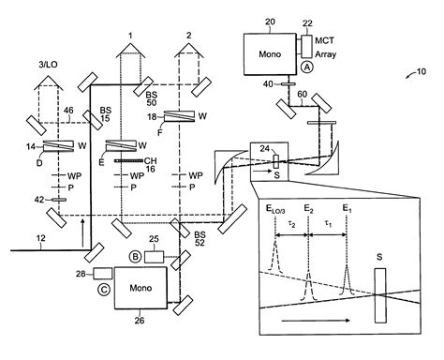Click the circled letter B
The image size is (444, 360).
(136, 255)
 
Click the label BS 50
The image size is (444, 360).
(151, 97)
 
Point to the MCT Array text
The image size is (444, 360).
(324, 49)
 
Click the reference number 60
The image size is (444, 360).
(302, 94)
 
